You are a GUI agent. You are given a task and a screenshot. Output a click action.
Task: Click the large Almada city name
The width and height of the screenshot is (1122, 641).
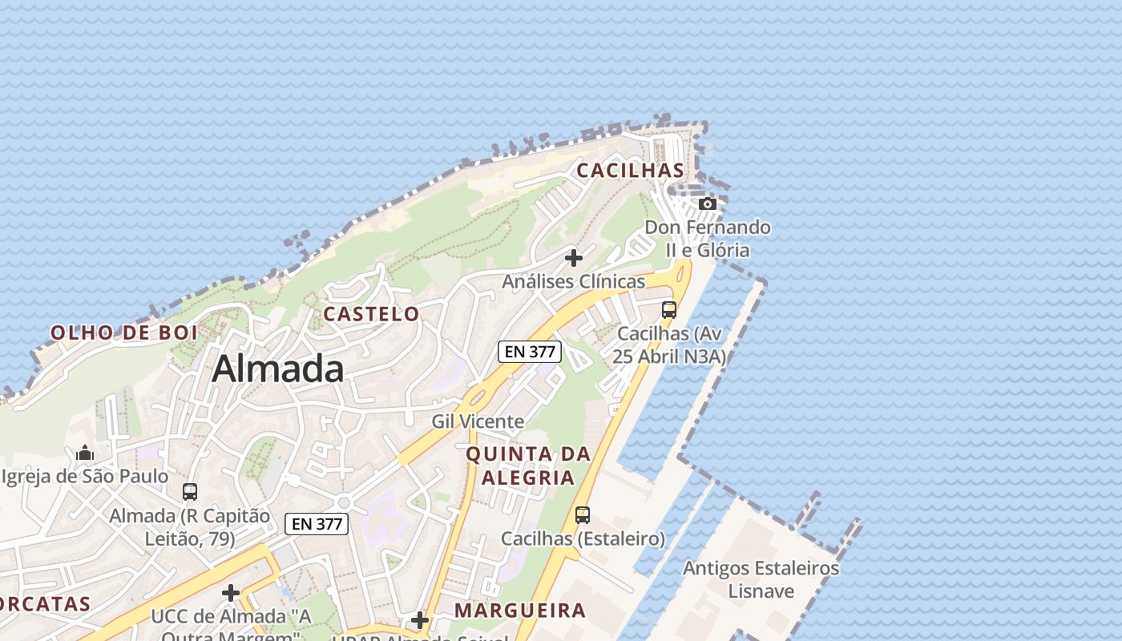point(278,369)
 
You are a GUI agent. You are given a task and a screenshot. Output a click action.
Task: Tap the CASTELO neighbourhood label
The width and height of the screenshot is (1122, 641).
point(371,314)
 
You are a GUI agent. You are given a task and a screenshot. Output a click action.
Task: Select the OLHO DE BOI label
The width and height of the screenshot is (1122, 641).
point(124,333)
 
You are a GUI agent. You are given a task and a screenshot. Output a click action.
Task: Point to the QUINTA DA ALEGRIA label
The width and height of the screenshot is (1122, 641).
point(529,466)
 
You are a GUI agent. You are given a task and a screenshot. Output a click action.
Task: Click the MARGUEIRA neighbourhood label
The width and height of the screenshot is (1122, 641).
point(520,611)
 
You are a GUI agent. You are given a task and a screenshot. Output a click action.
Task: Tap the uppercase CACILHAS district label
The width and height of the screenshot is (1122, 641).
point(631,171)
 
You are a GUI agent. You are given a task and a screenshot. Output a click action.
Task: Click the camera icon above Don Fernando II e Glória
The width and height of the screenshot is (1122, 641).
point(707,204)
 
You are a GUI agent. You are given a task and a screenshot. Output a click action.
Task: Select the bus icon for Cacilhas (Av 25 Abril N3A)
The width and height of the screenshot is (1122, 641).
point(669,309)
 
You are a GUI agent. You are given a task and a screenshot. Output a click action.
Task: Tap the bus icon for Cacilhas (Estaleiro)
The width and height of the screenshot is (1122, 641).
point(583,515)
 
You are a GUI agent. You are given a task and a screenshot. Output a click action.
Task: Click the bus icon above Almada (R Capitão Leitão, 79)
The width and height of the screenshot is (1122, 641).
point(190,492)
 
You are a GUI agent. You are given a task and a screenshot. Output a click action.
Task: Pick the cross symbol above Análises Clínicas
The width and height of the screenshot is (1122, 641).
point(574,258)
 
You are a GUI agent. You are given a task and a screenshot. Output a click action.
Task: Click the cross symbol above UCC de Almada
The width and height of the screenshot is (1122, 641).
point(231,593)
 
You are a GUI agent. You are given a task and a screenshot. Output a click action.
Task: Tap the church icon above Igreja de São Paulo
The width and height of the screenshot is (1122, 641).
point(85,454)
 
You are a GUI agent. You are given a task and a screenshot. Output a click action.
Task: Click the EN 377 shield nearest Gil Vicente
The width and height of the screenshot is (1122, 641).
point(530,351)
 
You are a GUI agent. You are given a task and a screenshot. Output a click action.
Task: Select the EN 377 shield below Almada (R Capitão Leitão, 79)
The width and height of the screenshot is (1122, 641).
point(317,524)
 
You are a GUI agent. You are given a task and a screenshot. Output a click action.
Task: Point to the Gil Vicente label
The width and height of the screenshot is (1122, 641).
point(478,421)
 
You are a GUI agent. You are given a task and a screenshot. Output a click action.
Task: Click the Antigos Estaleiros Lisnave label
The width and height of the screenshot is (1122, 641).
point(761,580)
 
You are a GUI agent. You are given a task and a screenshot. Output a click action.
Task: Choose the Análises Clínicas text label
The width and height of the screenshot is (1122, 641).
point(573,282)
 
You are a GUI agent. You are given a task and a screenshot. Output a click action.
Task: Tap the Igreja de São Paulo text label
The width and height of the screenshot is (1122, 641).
point(85,477)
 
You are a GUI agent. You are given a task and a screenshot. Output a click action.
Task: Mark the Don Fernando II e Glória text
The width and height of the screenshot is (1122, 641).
point(708,239)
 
